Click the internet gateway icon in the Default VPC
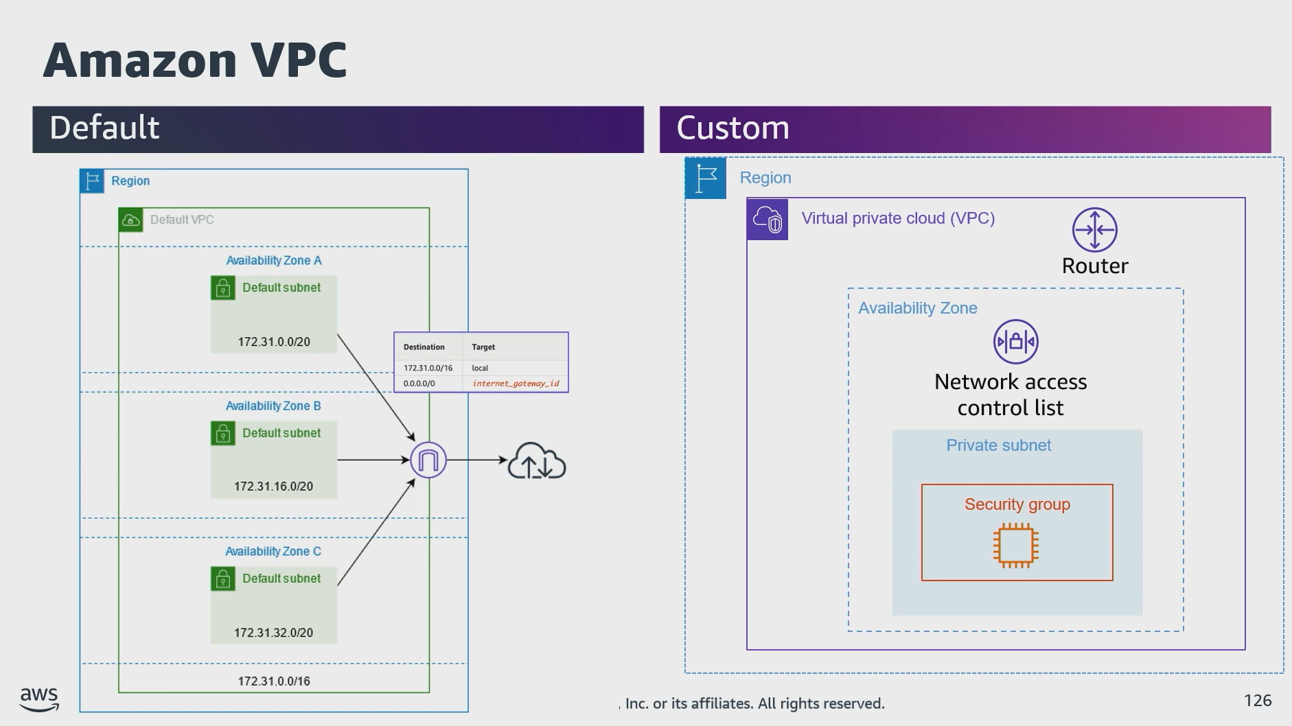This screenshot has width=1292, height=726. (428, 460)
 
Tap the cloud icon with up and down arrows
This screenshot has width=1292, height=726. (536, 461)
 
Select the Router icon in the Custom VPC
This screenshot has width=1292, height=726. (1094, 230)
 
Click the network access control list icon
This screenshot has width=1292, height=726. (1015, 342)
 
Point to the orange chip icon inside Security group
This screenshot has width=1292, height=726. (1015, 546)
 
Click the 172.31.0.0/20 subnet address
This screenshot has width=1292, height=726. (274, 342)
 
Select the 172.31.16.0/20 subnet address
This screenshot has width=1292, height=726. (273, 487)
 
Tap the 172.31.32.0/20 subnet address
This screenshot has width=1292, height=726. (273, 633)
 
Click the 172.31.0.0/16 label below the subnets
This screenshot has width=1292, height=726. (274, 681)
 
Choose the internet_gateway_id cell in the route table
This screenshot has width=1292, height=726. (516, 384)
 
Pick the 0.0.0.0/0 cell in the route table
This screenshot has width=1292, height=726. (419, 384)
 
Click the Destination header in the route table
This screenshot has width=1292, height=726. (424, 347)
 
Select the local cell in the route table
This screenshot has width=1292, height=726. (480, 368)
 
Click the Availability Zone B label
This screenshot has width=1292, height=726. (273, 406)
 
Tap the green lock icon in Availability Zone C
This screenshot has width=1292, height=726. (222, 579)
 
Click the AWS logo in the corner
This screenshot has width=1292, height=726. (39, 699)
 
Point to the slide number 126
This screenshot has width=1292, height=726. (1258, 701)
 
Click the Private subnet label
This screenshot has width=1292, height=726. (998, 445)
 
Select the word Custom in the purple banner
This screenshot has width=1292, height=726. (732, 128)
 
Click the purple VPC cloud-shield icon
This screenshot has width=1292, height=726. (767, 220)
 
